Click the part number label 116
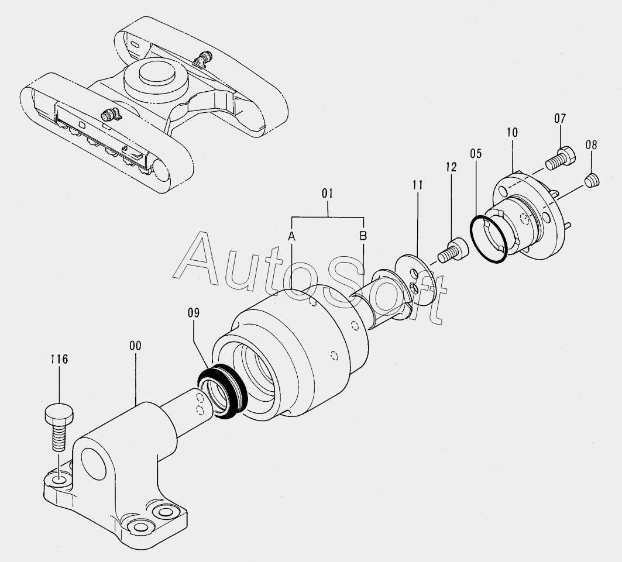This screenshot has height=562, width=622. coord(59,359)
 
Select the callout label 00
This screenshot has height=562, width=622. coord(135,346)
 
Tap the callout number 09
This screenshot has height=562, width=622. coord(194,313)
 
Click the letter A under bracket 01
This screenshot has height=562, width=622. coord(291,236)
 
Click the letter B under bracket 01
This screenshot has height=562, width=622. coord(363,236)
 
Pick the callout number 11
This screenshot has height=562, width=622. coord(417,185)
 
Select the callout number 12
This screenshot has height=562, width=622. coord(451,167)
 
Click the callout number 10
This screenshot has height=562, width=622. coord(512,133)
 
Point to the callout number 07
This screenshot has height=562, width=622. coord(560,119)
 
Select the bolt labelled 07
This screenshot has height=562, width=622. coord(561,157)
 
